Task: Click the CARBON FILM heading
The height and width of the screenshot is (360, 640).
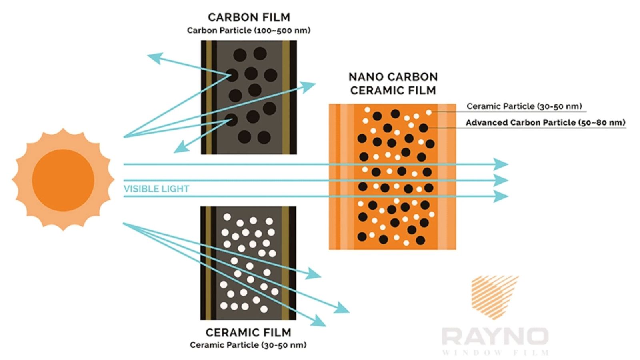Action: click(249, 18)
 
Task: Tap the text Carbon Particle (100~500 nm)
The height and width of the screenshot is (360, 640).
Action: click(248, 30)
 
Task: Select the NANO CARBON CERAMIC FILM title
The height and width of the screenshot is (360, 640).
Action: click(393, 84)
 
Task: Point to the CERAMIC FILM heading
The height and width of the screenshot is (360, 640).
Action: click(248, 332)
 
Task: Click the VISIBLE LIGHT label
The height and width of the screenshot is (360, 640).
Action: click(156, 189)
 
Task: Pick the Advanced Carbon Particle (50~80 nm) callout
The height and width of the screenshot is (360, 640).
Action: click(546, 122)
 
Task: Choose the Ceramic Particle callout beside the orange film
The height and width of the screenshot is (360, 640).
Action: click(524, 106)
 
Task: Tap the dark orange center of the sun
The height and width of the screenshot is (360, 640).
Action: click(63, 180)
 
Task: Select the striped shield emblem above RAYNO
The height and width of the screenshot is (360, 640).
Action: click(495, 297)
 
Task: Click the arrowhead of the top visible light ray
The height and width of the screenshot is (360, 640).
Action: click(501, 164)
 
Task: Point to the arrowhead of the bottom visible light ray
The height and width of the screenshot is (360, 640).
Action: click(501, 196)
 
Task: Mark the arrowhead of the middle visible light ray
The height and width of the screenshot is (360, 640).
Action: click(501, 180)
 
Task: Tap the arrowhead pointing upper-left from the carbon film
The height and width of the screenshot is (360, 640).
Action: click(155, 58)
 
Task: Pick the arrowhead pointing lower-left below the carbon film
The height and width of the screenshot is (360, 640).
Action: click(181, 148)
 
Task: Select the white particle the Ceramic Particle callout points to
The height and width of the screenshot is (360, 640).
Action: click(428, 112)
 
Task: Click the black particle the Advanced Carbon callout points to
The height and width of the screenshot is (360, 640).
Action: click(424, 128)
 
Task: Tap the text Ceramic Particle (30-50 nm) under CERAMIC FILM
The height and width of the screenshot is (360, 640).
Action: click(248, 345)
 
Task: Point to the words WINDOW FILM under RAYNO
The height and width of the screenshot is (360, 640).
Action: click(495, 352)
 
